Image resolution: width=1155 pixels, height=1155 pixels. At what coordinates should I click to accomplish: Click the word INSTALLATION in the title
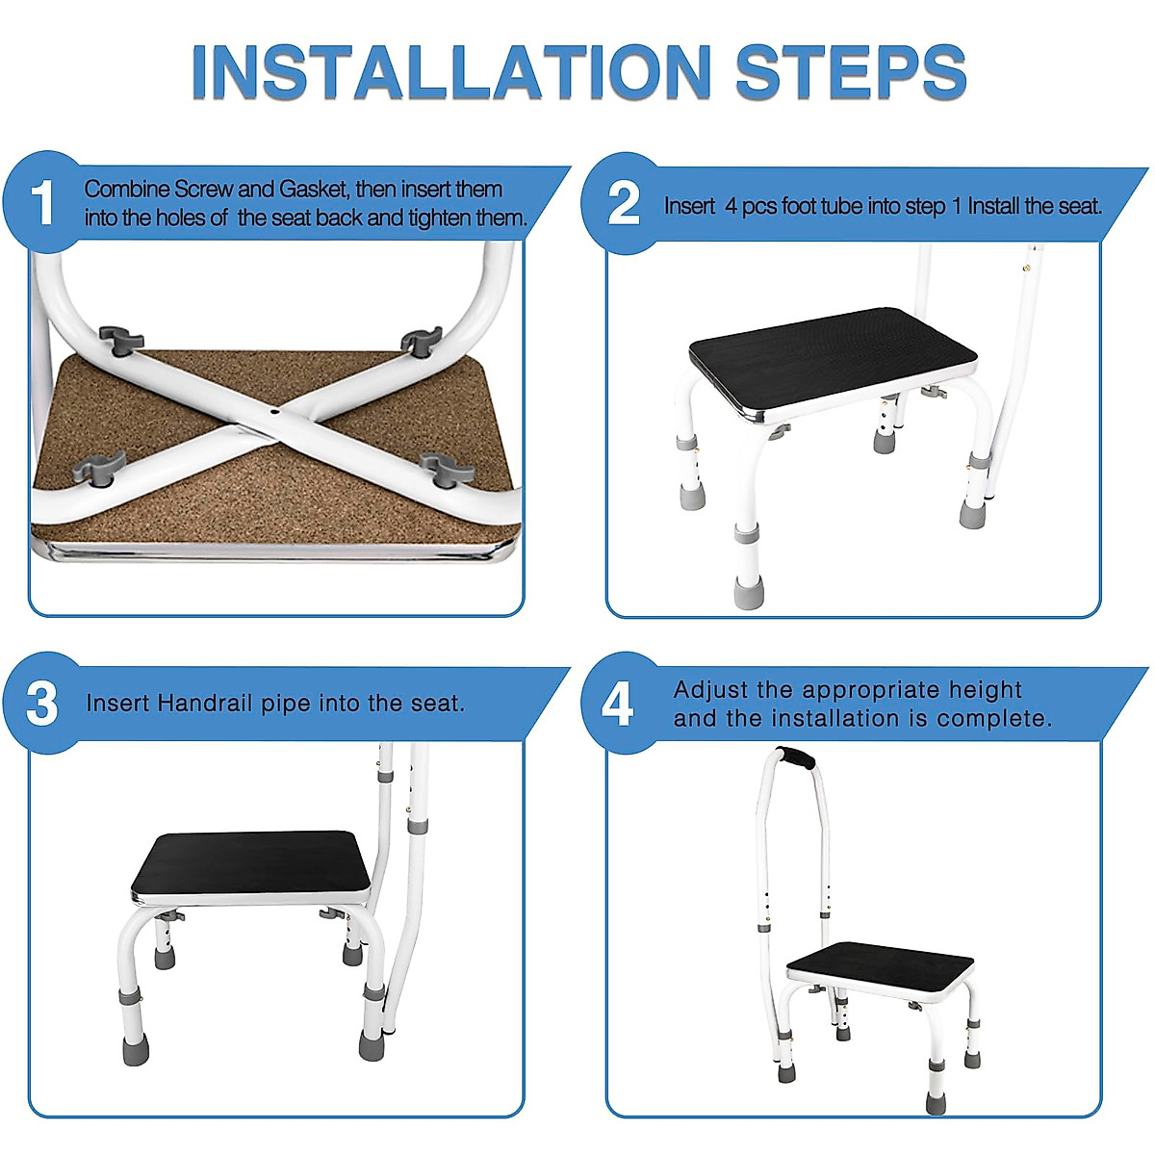click(x=450, y=72)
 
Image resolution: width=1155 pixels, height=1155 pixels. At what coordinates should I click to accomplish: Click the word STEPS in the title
click(x=851, y=72)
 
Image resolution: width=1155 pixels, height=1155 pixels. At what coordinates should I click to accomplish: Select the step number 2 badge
click(x=624, y=204)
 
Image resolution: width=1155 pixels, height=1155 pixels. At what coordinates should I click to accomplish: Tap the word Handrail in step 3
click(x=204, y=703)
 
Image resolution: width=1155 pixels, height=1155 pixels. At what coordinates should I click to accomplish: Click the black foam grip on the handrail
click(x=796, y=758)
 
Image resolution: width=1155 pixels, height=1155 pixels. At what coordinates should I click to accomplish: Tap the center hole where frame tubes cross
click(x=273, y=412)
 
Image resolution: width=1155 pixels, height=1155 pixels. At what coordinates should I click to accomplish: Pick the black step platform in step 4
click(x=880, y=965)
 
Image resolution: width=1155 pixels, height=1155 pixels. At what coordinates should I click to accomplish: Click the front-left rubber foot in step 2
click(x=749, y=591)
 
